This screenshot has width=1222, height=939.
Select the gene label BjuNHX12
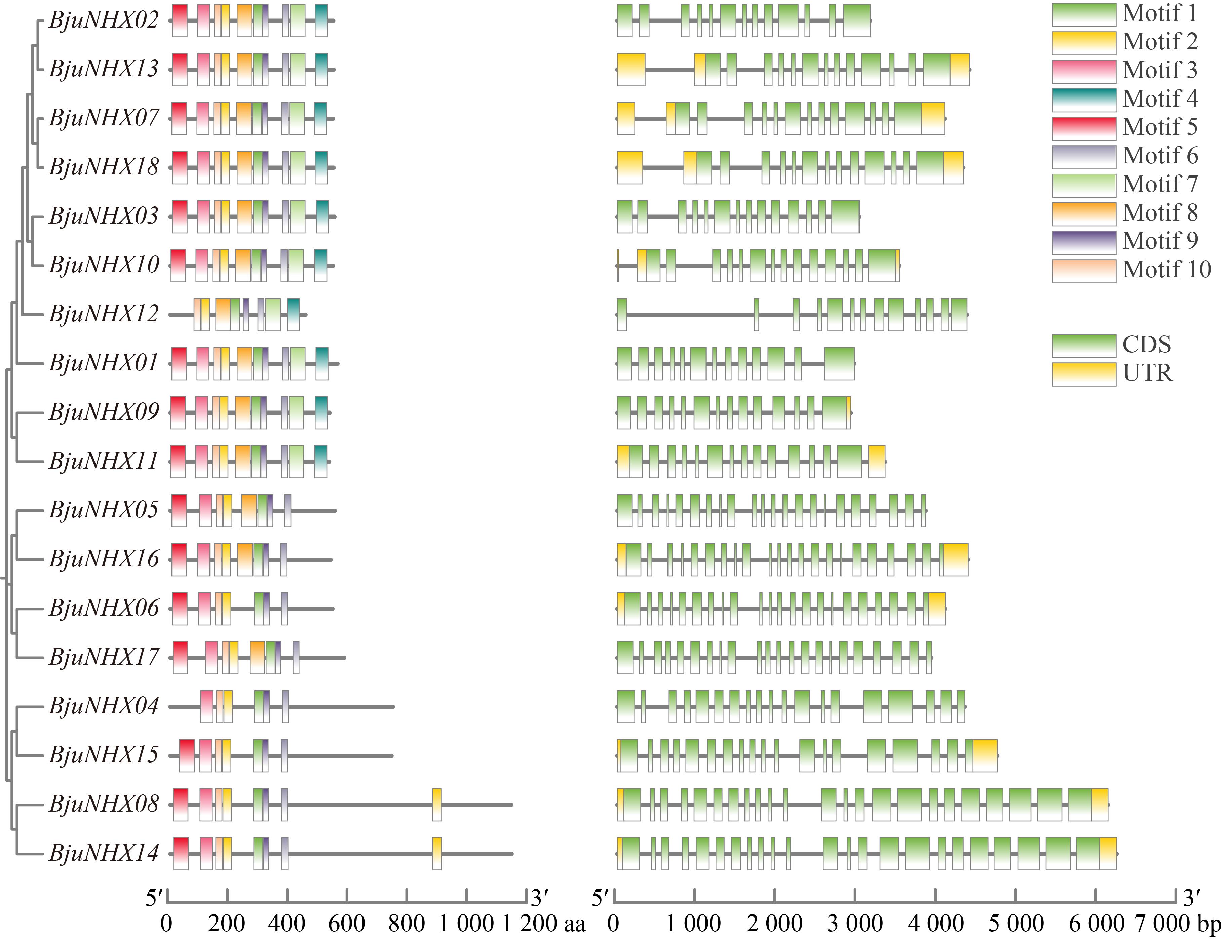click(104, 314)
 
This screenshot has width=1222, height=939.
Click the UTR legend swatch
click(1083, 374)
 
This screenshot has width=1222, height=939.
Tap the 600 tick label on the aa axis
click(347, 923)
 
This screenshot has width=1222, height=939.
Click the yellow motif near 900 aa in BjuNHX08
click(436, 804)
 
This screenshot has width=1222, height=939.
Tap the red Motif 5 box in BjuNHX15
click(187, 755)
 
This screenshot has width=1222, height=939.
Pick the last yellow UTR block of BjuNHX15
click(985, 755)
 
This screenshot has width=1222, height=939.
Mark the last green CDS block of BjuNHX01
click(839, 363)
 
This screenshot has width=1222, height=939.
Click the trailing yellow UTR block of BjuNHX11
click(877, 461)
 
